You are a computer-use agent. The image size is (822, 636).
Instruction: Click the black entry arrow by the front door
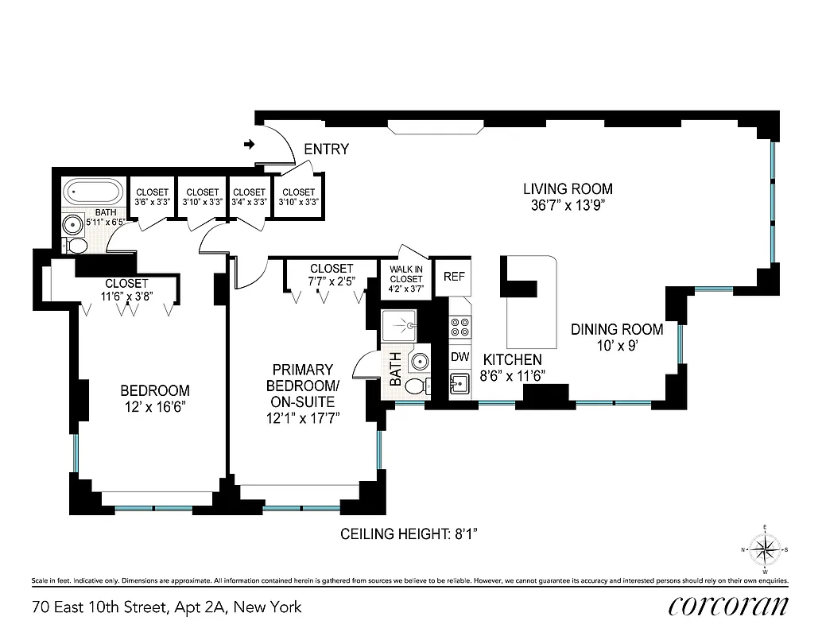pos(249,145)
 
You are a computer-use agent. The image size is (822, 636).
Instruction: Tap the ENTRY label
pos(326,149)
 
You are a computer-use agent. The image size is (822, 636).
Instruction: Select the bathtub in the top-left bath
pos(93,192)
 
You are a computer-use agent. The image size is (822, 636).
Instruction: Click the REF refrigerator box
pos(453,277)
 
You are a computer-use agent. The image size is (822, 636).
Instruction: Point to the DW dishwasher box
pos(460,357)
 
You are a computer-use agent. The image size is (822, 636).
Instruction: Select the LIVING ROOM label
pos(568,189)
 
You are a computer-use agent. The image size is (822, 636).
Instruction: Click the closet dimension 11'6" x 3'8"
pos(126,297)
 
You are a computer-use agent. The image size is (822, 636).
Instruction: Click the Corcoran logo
pos(728,607)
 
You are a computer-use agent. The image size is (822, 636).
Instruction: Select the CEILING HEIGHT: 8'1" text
pos(408,533)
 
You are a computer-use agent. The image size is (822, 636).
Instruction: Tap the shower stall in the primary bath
pos(405,325)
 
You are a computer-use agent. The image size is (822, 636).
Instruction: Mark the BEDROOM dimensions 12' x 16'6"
pos(155,406)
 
